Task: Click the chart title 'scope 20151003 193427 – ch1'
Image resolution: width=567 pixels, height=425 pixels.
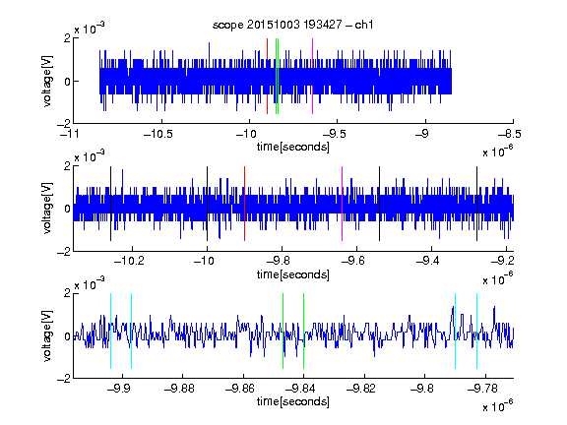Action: tap(293, 25)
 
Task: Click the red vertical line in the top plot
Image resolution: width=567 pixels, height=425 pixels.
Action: tap(267, 77)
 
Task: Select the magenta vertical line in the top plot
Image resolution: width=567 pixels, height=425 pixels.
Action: tap(312, 77)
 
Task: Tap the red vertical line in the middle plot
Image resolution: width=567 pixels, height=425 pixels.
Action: tap(244, 204)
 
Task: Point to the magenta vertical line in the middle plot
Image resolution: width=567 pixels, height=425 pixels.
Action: tap(343, 204)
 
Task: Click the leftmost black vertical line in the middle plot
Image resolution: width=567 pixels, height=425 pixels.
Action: tap(110, 204)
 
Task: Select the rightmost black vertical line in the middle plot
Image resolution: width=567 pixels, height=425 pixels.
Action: tap(476, 204)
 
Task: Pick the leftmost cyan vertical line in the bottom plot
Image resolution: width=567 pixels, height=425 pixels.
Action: tap(110, 331)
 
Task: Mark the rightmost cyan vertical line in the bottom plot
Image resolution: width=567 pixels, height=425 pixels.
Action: tap(476, 331)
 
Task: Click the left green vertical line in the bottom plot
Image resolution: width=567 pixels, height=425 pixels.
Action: tap(283, 331)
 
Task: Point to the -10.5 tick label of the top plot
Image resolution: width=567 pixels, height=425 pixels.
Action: tap(158, 135)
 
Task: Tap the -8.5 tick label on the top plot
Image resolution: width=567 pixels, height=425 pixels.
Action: tap(510, 135)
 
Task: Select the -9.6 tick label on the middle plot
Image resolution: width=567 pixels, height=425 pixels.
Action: tap(353, 261)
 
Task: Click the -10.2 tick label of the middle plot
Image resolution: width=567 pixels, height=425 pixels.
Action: tap(129, 261)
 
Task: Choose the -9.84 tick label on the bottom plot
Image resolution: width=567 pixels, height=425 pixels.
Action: tap(300, 389)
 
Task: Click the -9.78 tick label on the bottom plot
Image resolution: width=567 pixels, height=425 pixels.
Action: tap(482, 389)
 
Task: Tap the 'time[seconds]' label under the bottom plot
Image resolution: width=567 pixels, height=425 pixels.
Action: tap(293, 401)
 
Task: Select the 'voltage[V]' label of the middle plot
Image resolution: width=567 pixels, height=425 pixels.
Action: tap(47, 209)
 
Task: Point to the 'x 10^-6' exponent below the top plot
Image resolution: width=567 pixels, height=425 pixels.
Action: tap(498, 152)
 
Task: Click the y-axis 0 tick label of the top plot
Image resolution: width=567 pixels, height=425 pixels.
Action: tap(67, 82)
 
